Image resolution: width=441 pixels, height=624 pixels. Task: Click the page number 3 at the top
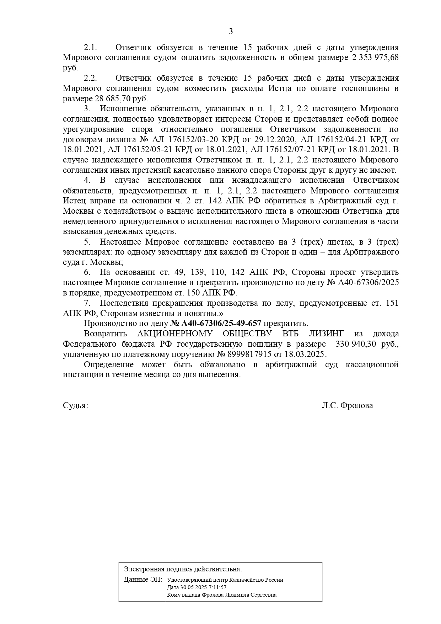[231, 32]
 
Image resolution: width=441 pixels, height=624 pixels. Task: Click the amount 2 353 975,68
[375, 58]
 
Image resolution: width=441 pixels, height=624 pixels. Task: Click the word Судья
[75, 406]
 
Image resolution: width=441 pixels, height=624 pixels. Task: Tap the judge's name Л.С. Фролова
[347, 406]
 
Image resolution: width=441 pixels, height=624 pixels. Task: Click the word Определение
[109, 365]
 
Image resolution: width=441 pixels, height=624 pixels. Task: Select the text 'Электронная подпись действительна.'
[183, 569]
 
